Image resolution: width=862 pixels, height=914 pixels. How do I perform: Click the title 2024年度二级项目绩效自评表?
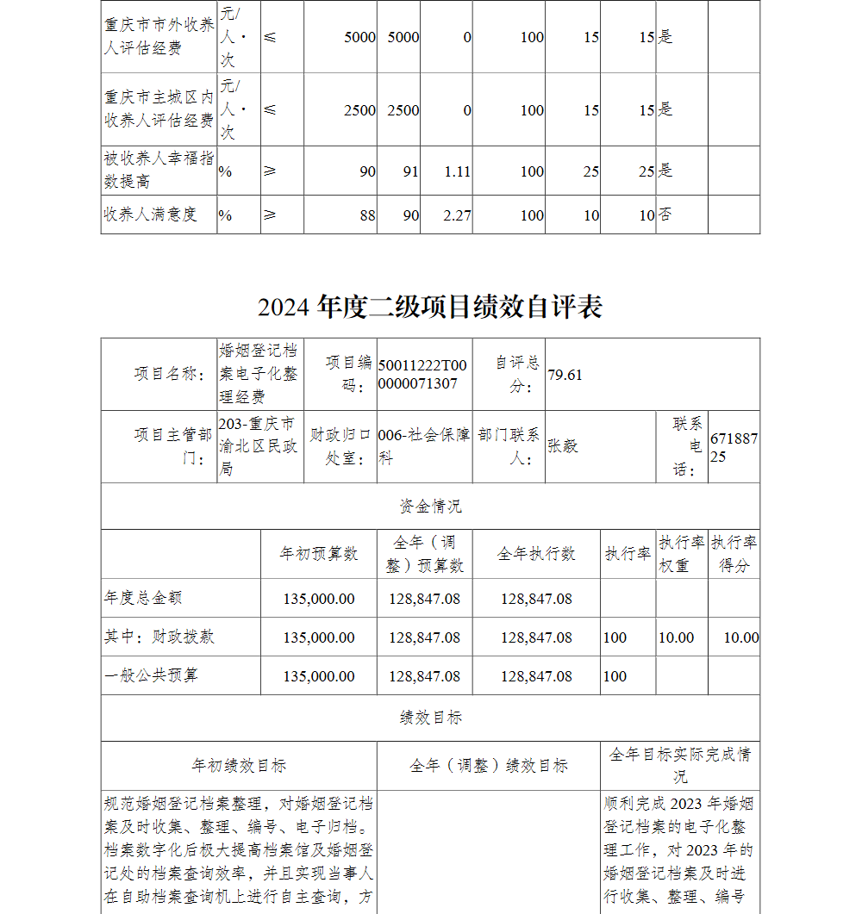point(430,307)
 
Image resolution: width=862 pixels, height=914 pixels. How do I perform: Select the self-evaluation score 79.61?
point(565,375)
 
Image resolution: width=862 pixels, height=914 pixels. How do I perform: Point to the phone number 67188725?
point(734,447)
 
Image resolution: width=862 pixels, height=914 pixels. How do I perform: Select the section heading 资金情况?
point(430,507)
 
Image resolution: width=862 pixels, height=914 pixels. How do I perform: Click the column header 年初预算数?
point(318,554)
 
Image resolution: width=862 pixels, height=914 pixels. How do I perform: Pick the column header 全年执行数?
point(536,554)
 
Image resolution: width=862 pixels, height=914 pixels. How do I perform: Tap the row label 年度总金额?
point(143,598)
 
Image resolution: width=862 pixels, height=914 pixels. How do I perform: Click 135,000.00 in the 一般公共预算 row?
point(319,676)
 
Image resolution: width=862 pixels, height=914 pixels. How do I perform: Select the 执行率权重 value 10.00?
point(676,637)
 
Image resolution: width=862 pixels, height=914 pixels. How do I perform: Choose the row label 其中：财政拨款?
point(159,637)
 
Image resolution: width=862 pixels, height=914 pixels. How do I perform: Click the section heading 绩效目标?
point(430,718)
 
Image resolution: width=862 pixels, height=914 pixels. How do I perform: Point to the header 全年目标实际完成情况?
point(680,765)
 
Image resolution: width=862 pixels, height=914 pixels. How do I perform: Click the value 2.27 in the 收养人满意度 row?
point(457,215)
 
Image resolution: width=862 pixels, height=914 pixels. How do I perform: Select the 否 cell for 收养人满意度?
point(665,215)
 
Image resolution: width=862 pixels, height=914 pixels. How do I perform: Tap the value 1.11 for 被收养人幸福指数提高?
point(457,171)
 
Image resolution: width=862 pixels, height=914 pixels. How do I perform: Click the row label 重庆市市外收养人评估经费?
point(159,36)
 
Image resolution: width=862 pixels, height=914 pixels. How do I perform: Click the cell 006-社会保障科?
point(424,446)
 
